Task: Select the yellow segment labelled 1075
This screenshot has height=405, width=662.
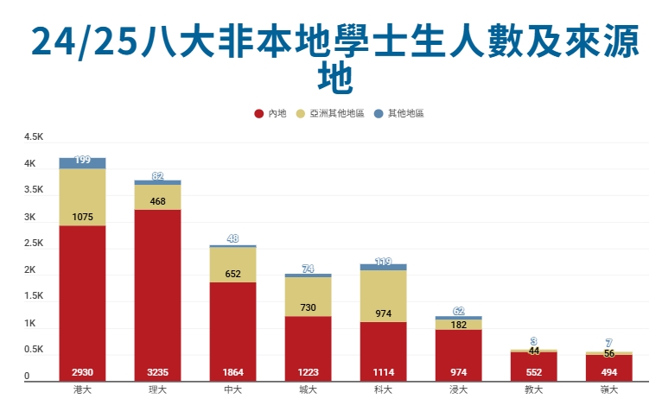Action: tap(82, 197)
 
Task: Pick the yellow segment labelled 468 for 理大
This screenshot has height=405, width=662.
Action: tap(157, 198)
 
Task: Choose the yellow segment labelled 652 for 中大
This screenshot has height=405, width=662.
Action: tap(232, 264)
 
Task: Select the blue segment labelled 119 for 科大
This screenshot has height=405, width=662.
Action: tap(383, 268)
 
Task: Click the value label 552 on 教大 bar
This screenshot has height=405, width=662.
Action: tap(533, 372)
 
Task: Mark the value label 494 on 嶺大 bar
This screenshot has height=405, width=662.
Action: tap(608, 372)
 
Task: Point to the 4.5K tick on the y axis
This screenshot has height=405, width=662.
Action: tap(34, 137)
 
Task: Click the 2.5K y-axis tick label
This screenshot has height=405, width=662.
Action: tap(34, 244)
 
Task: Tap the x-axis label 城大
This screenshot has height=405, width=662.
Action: tap(308, 390)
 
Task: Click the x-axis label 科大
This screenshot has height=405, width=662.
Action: tap(383, 390)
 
